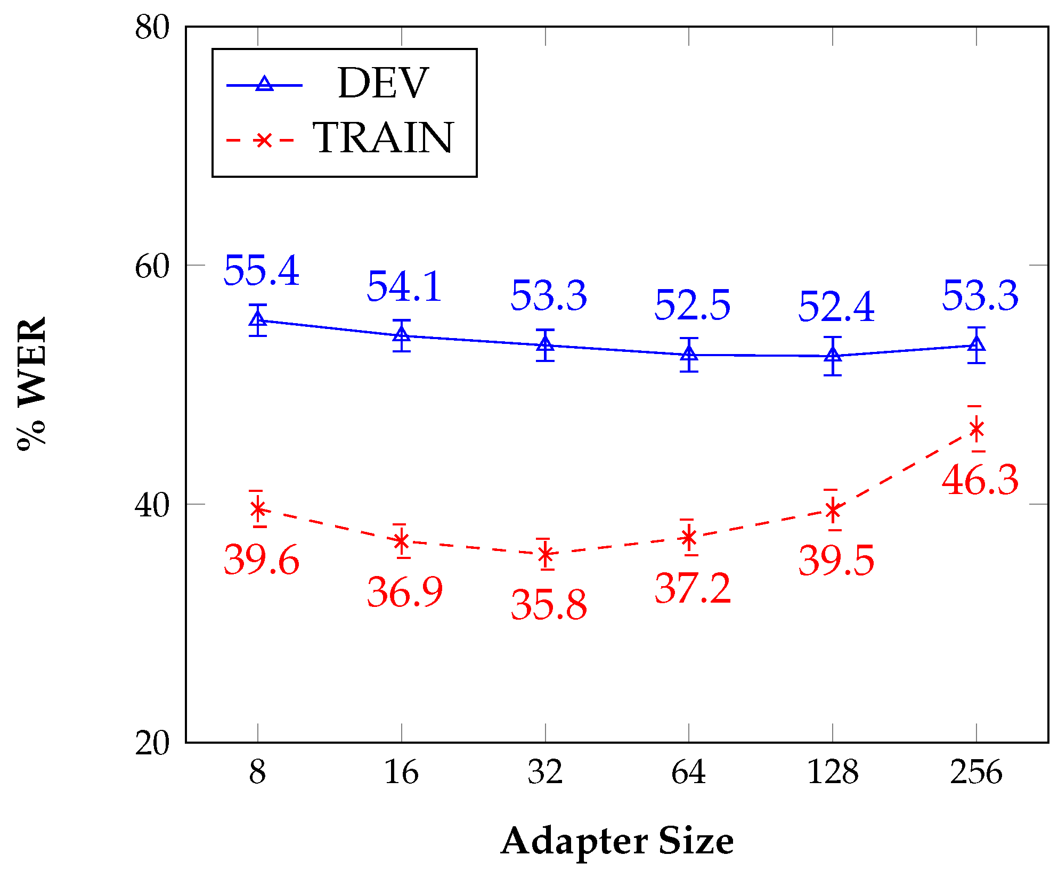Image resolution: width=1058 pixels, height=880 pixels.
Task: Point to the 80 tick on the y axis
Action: (x=152, y=27)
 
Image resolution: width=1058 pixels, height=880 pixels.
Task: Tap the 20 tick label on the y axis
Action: (x=152, y=743)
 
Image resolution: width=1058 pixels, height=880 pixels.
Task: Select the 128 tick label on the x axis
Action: (x=833, y=772)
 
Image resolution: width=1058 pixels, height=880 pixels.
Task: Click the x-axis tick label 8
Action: (x=258, y=772)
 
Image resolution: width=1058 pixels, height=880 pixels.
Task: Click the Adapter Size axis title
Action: (x=617, y=842)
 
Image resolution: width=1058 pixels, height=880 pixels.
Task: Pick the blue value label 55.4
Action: (x=261, y=270)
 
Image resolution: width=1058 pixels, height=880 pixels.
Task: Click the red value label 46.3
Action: (x=980, y=480)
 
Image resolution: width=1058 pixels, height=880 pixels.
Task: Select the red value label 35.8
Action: (x=549, y=605)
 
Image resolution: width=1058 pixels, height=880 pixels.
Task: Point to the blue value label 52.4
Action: (x=836, y=307)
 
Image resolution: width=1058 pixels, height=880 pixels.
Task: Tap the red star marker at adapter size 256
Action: (x=976, y=429)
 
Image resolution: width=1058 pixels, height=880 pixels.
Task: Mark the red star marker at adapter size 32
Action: (x=546, y=554)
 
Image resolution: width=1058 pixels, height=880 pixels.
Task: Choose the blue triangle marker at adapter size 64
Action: (x=689, y=354)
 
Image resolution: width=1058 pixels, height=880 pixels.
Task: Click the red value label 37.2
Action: (x=693, y=588)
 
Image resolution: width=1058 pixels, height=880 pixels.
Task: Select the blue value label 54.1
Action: (x=404, y=286)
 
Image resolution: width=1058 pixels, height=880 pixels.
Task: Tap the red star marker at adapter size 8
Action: (x=258, y=509)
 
